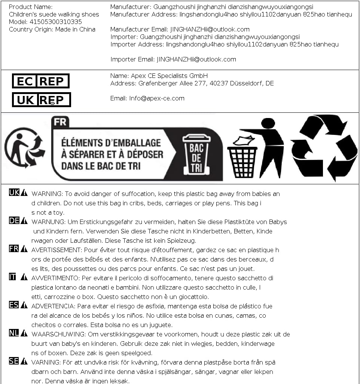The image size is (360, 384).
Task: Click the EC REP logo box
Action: [41, 81]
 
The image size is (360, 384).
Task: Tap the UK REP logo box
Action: [41, 100]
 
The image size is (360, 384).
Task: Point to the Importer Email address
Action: [196, 59]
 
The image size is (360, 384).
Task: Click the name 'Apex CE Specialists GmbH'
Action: [169, 76]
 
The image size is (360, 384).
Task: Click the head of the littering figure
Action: [268, 124]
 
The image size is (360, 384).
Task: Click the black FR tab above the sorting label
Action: [60, 121]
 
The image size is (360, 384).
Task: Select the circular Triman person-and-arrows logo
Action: [25, 148]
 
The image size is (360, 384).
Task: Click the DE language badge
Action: [14, 221]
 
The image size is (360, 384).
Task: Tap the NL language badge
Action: [14, 333]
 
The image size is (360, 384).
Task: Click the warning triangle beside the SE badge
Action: [24, 361]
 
